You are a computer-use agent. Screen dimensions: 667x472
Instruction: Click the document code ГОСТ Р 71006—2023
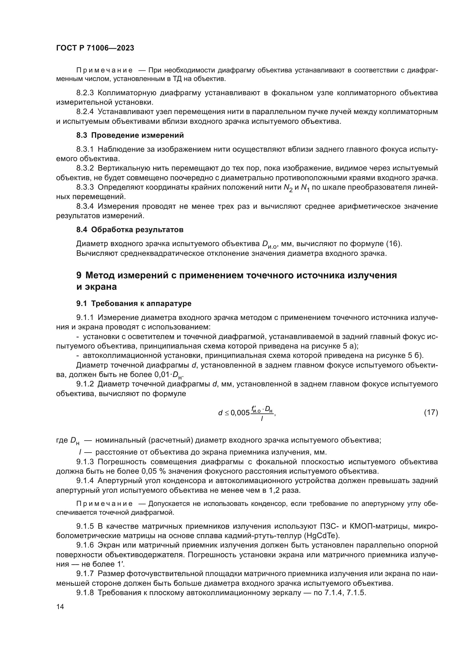pyautogui.click(x=95, y=48)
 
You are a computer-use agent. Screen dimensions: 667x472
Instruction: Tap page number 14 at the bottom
pyautogui.click(x=60, y=607)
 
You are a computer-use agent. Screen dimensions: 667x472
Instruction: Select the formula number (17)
pyautogui.click(x=431, y=412)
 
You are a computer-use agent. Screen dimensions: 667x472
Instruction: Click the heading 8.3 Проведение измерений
pyautogui.click(x=130, y=135)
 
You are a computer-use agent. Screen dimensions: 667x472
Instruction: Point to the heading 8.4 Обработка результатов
pyautogui.click(x=130, y=230)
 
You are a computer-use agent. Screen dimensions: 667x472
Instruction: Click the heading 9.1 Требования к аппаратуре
pyautogui.click(x=134, y=304)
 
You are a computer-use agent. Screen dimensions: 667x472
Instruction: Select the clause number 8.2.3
pyautogui.click(x=85, y=93)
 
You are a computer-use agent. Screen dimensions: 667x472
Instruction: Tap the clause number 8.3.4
pyautogui.click(x=85, y=206)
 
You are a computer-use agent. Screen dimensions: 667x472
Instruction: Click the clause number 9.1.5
pyautogui.click(x=85, y=526)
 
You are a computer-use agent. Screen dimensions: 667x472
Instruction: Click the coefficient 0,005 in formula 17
pyautogui.click(x=240, y=413)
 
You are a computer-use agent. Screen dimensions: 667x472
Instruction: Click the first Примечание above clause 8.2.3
pyautogui.click(x=104, y=70)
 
